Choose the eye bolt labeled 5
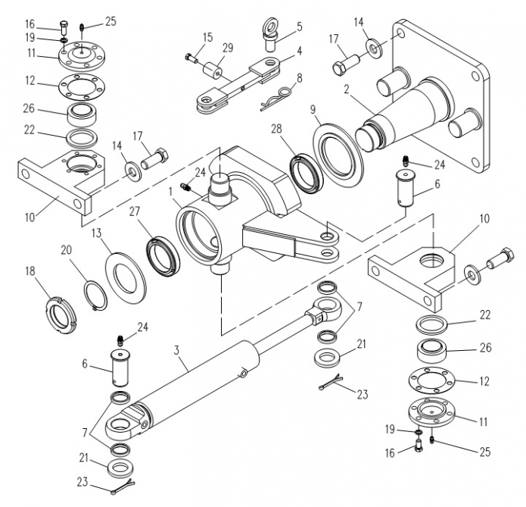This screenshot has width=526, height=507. [x=272, y=35]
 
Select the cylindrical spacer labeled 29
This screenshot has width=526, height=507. [x=212, y=70]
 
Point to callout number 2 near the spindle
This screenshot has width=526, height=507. [x=347, y=89]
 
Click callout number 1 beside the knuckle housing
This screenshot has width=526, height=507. [x=170, y=192]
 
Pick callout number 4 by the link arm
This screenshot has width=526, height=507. [x=299, y=51]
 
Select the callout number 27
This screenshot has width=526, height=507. [x=134, y=211]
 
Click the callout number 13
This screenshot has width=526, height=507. [x=97, y=233]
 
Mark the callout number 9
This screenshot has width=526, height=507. [x=313, y=109]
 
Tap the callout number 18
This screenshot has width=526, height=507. [x=30, y=271]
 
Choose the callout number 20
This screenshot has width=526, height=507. [x=67, y=250]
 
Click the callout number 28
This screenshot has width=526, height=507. [x=276, y=129]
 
